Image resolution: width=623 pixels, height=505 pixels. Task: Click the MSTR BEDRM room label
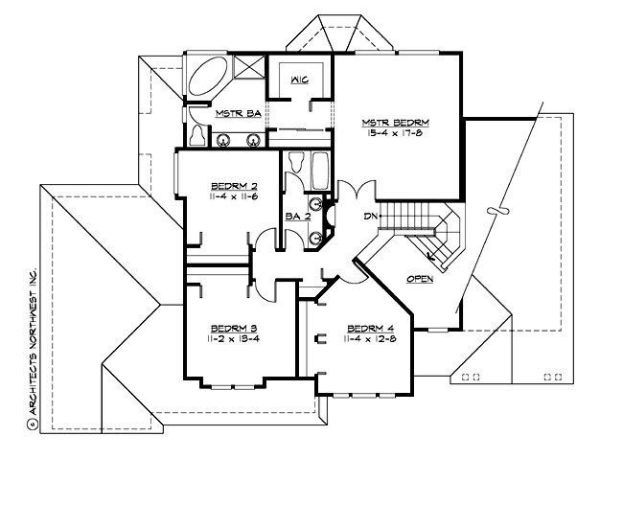point(395,123)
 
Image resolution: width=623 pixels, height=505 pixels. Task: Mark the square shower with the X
point(246,70)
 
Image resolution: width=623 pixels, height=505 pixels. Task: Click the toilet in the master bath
point(196,135)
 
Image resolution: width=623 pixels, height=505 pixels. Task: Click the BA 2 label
point(298,218)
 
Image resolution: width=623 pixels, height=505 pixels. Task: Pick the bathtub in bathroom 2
point(320,172)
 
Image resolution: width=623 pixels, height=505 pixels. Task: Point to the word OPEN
point(420,279)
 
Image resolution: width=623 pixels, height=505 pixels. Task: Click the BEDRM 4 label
point(369,327)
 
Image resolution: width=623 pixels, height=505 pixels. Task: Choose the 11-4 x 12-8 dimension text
point(369,339)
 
